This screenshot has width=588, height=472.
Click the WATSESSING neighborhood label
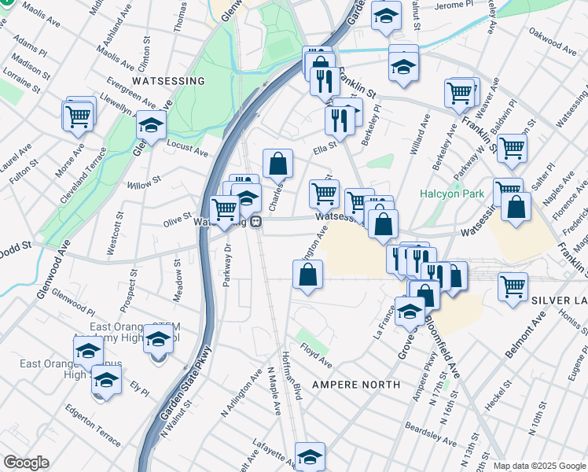pyautogui.click(x=168, y=81)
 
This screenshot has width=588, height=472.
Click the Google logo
pyautogui.click(x=26, y=463)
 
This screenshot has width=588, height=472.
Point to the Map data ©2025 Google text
pyautogui.click(x=538, y=466)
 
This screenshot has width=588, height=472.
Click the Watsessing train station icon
pyautogui.click(x=257, y=222)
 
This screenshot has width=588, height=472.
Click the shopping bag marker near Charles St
pyautogui.click(x=277, y=163)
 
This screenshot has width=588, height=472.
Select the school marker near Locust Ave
pyautogui.click(x=151, y=124)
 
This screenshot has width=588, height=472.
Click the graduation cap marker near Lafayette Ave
pyautogui.click(x=310, y=455)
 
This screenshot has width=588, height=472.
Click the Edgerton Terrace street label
pyautogui.click(x=93, y=420)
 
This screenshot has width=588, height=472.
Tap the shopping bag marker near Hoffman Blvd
pyautogui.click(x=307, y=275)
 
